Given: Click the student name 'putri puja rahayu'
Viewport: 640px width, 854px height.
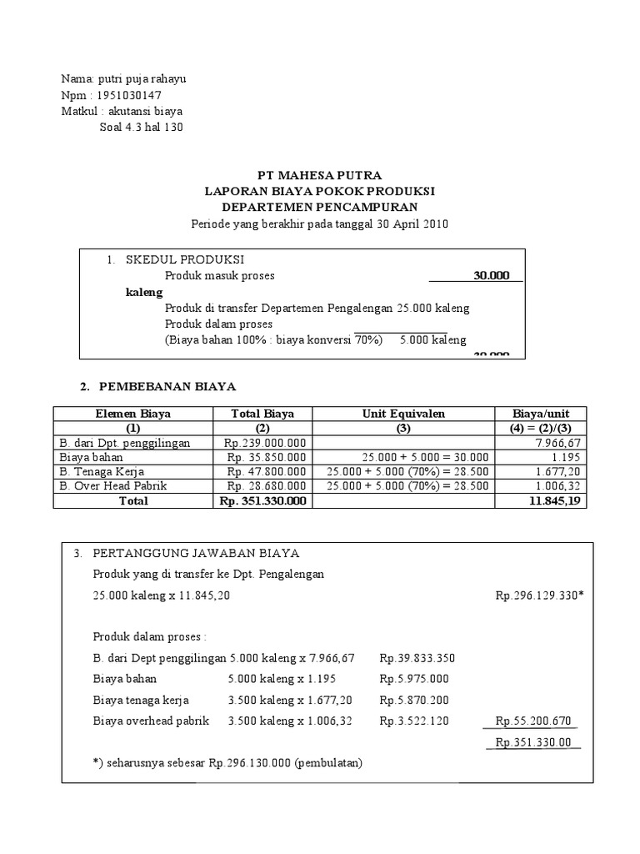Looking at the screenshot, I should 142,79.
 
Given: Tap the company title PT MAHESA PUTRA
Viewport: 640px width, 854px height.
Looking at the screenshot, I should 320,176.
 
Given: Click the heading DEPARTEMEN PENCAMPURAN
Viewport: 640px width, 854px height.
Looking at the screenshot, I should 320,207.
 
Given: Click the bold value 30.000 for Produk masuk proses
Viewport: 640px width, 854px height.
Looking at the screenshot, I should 491,275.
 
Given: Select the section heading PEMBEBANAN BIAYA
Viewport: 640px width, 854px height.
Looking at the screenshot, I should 167,387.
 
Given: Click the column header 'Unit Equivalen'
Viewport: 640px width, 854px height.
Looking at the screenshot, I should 403,414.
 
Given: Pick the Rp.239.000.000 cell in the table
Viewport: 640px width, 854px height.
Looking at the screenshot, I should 266,444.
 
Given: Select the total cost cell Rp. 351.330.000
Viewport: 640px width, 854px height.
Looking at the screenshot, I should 263,501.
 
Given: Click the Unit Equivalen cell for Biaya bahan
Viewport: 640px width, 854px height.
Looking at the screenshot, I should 403,458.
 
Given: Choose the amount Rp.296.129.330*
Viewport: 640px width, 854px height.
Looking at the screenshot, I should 539,596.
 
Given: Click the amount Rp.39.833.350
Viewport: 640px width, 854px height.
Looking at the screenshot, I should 417,658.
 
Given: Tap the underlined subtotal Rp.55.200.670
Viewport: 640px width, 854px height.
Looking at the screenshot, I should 533,721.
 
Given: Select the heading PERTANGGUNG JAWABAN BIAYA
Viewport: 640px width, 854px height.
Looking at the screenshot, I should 196,554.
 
